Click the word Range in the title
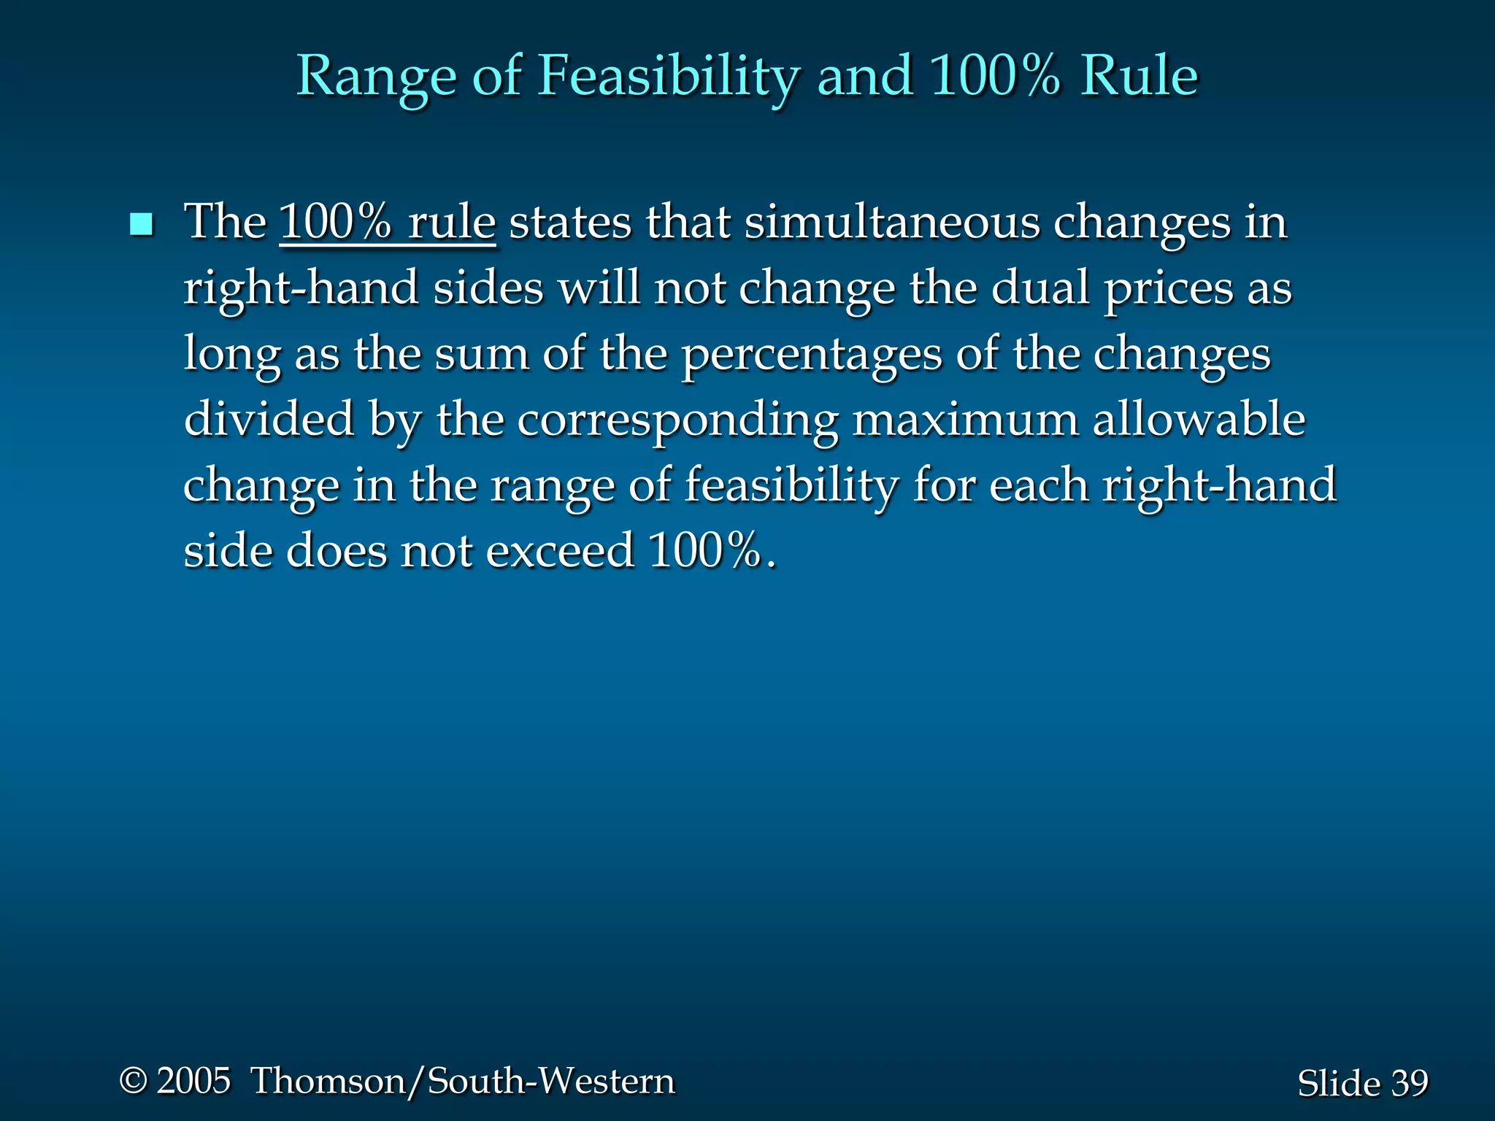375,77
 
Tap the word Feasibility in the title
669,77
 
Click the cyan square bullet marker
141,225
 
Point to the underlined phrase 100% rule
388,222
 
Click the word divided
269,420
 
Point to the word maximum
965,420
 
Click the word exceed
560,551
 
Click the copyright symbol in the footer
134,1081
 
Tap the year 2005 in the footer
194,1081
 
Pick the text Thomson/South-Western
463,1081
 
